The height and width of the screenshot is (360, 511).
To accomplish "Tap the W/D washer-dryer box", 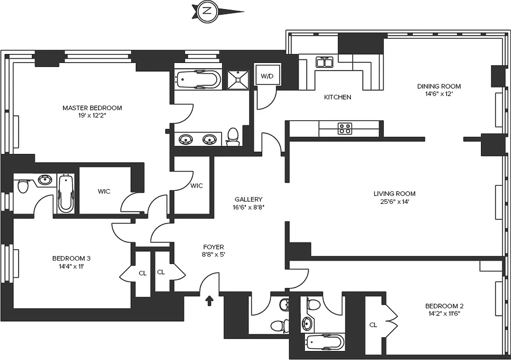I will [x=267, y=76].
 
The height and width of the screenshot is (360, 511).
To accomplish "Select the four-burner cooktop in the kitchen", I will [x=345, y=129].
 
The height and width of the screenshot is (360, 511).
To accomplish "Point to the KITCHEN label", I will [x=337, y=97].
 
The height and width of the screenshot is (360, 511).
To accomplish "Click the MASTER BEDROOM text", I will [x=92, y=108].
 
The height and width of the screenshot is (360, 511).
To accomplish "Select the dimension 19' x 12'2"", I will [x=92, y=115].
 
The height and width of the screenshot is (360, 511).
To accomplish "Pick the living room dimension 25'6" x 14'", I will [x=394, y=202].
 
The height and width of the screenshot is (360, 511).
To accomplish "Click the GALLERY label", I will [x=248, y=199].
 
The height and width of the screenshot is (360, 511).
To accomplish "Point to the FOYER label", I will [x=213, y=247].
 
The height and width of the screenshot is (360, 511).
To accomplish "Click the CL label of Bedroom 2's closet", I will [x=373, y=324].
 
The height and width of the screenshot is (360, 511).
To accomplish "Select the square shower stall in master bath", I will [x=237, y=80].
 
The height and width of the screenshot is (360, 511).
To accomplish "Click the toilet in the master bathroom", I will [x=233, y=136].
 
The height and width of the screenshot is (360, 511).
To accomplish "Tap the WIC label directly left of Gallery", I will [x=197, y=185].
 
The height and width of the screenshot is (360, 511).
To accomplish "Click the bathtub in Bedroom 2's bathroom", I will [x=324, y=342].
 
